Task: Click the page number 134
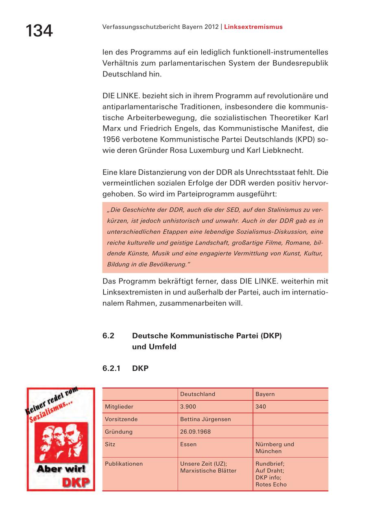coord(39,31)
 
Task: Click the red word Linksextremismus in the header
coord(253,27)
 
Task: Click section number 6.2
coord(108,336)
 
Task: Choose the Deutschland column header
coord(198,394)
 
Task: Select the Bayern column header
coord(265,394)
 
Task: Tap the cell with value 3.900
coord(188,407)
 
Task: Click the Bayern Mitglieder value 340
coord(261,407)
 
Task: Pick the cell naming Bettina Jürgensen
coord(205,419)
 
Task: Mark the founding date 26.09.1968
coord(195,432)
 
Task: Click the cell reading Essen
coord(188,445)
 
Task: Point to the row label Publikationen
coord(124,464)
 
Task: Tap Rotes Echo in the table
coord(271,484)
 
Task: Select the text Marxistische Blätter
coord(208,471)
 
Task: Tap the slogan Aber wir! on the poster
coord(61,469)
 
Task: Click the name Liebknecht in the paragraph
coord(284,150)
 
